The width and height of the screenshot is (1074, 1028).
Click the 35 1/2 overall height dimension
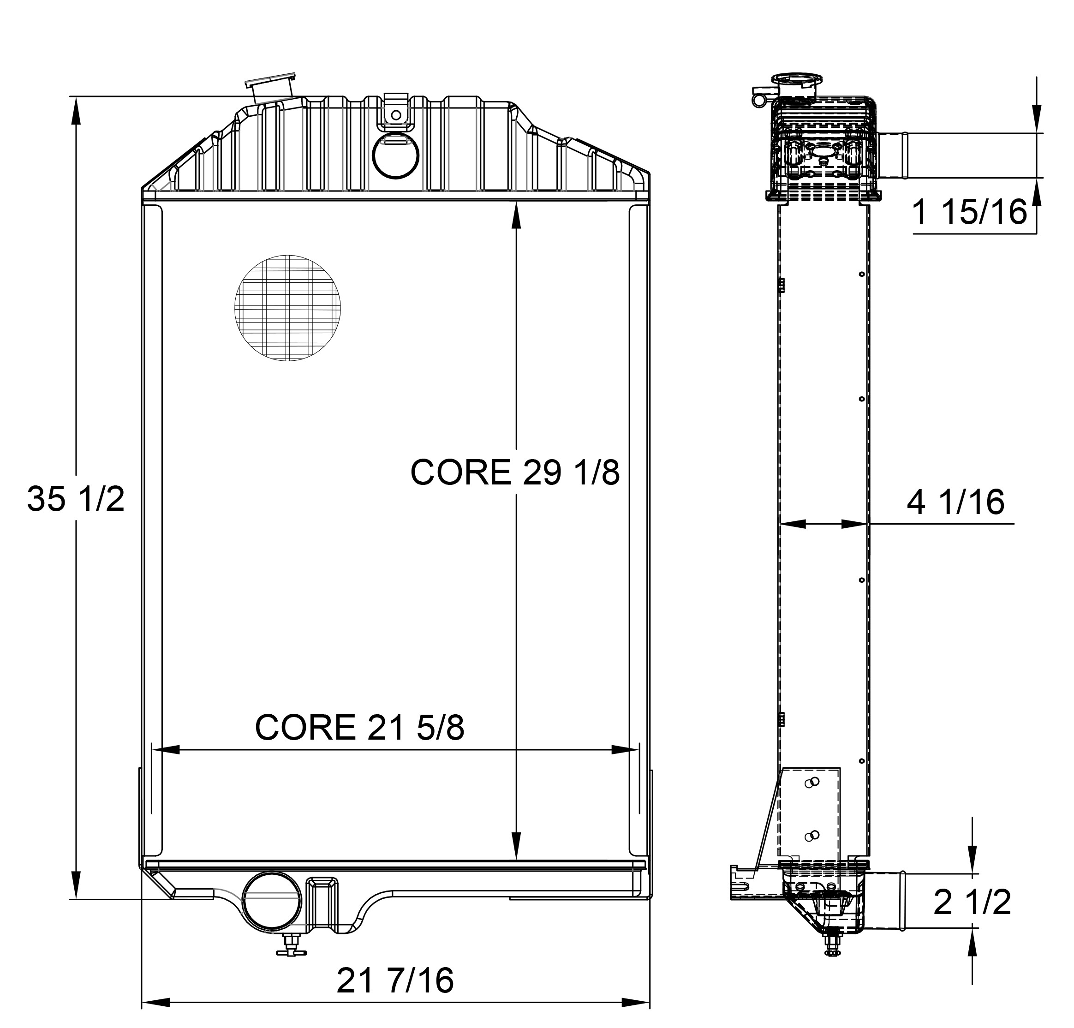(x=76, y=499)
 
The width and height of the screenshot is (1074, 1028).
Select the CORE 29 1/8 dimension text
(x=514, y=472)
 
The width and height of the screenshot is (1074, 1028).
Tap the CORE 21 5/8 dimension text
(x=359, y=727)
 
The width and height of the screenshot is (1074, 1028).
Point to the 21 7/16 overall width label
(x=394, y=980)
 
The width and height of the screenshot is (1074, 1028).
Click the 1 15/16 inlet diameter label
(x=969, y=213)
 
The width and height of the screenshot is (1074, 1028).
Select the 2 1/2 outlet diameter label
(x=972, y=902)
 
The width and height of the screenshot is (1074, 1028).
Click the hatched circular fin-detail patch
(x=287, y=308)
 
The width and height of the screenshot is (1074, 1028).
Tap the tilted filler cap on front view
(x=271, y=88)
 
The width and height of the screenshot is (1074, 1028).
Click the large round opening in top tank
(x=396, y=155)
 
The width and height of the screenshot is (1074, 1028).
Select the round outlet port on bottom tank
(x=272, y=901)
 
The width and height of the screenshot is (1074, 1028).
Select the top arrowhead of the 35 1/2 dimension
(x=76, y=110)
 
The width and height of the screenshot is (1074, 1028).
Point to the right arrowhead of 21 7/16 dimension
(x=636, y=1002)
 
